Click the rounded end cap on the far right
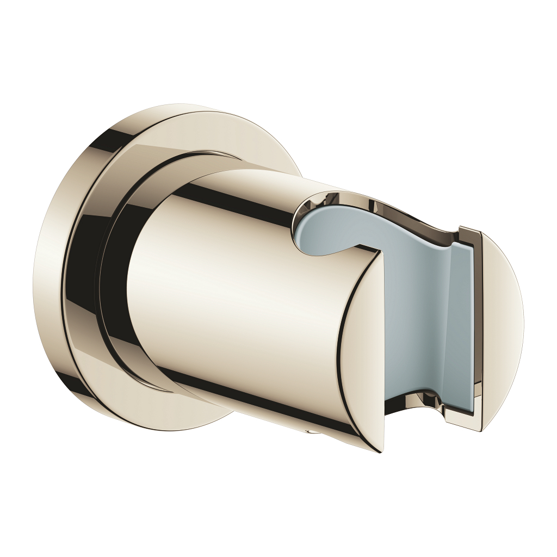(x=503, y=326)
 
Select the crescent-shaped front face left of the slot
(x=362, y=348)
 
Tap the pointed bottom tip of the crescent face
(x=380, y=451)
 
